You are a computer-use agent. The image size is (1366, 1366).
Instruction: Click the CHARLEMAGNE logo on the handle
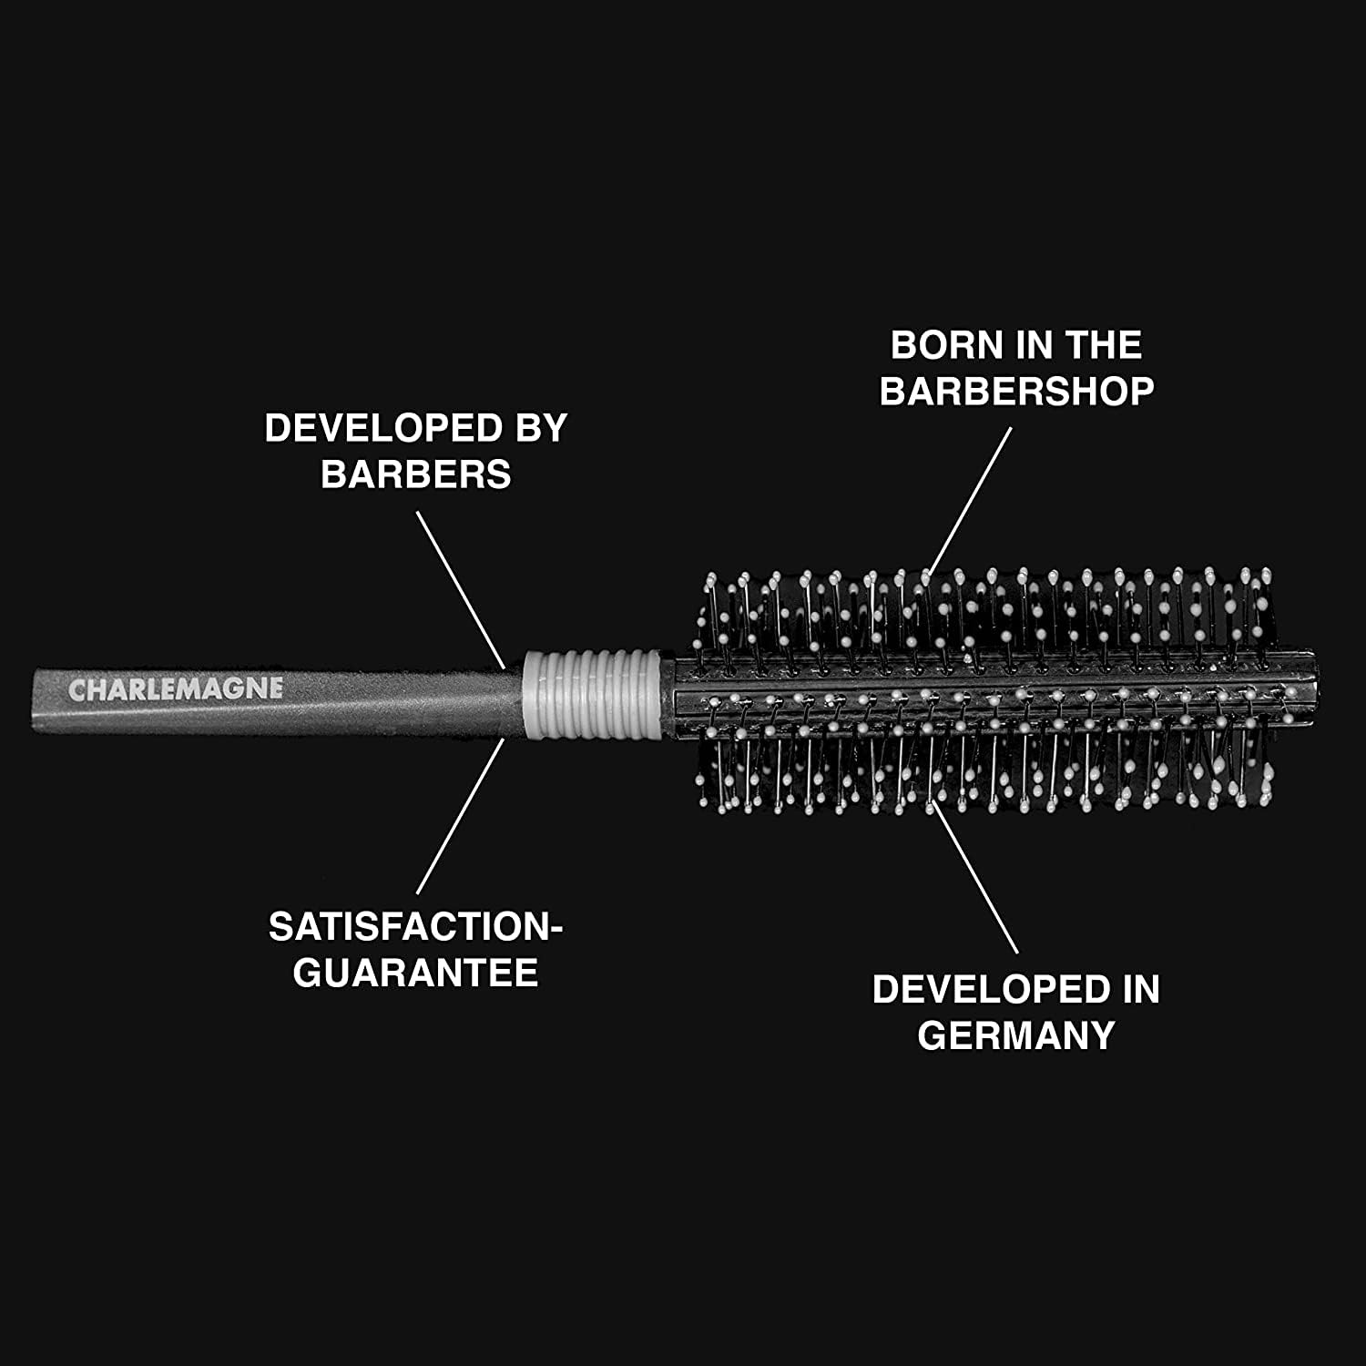click(x=175, y=689)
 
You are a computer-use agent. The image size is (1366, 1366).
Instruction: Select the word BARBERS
click(x=416, y=474)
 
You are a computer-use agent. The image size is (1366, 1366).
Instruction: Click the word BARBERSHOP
click(x=1016, y=392)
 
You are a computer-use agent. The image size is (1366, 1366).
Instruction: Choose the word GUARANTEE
click(x=416, y=973)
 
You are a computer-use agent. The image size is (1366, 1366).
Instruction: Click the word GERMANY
click(x=1016, y=1035)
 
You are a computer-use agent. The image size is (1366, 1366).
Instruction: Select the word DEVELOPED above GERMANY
click(x=980, y=990)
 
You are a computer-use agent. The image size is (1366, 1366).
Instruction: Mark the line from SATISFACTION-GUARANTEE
click(x=460, y=816)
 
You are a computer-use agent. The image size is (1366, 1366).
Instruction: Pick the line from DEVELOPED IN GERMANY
click(x=975, y=876)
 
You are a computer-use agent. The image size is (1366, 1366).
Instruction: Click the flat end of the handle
click(x=37, y=699)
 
